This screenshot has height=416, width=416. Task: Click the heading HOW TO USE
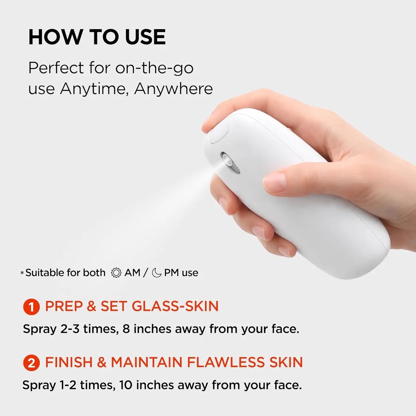97,37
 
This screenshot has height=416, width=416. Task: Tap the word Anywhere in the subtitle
174,89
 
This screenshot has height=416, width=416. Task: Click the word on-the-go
154,68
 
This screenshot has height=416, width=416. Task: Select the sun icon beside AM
116,273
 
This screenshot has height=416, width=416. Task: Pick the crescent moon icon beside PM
157,273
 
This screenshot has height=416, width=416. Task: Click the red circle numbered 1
32,307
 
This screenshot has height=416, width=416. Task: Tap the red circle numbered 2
32,363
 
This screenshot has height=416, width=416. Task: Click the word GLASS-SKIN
175,306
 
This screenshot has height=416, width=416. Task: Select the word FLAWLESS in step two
226,362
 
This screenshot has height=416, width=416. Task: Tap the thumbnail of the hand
274,183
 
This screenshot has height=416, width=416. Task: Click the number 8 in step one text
126,329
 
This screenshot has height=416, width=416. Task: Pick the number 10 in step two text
126,385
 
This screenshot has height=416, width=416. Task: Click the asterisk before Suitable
22,273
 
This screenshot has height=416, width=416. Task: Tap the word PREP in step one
64,306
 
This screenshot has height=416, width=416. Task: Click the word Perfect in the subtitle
56,68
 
